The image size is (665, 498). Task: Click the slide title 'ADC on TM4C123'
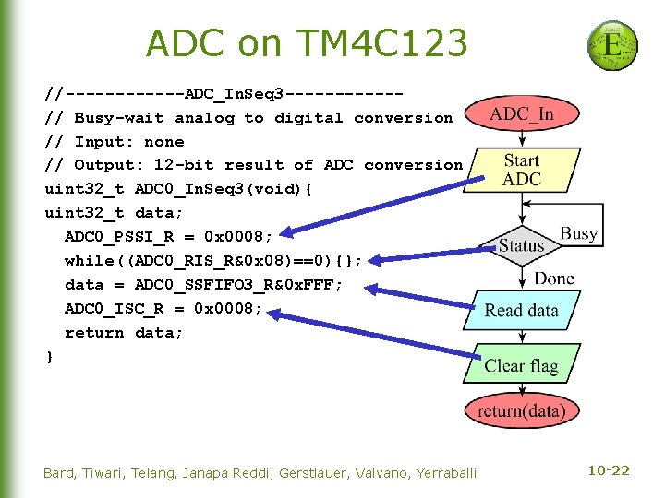click(307, 42)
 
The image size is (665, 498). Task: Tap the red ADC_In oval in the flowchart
click(522, 114)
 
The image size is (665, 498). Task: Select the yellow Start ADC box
click(522, 170)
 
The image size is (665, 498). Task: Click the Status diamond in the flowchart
click(522, 245)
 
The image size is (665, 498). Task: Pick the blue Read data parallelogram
click(522, 311)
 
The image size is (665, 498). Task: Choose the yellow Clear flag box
click(522, 365)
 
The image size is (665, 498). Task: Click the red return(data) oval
click(522, 411)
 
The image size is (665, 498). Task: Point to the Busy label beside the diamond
click(579, 233)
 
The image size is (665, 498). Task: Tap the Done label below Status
click(554, 279)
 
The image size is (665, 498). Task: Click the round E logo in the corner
click(612, 45)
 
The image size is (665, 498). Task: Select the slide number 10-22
click(608, 471)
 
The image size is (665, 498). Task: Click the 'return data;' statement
click(124, 332)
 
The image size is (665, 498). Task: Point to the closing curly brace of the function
click(49, 356)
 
